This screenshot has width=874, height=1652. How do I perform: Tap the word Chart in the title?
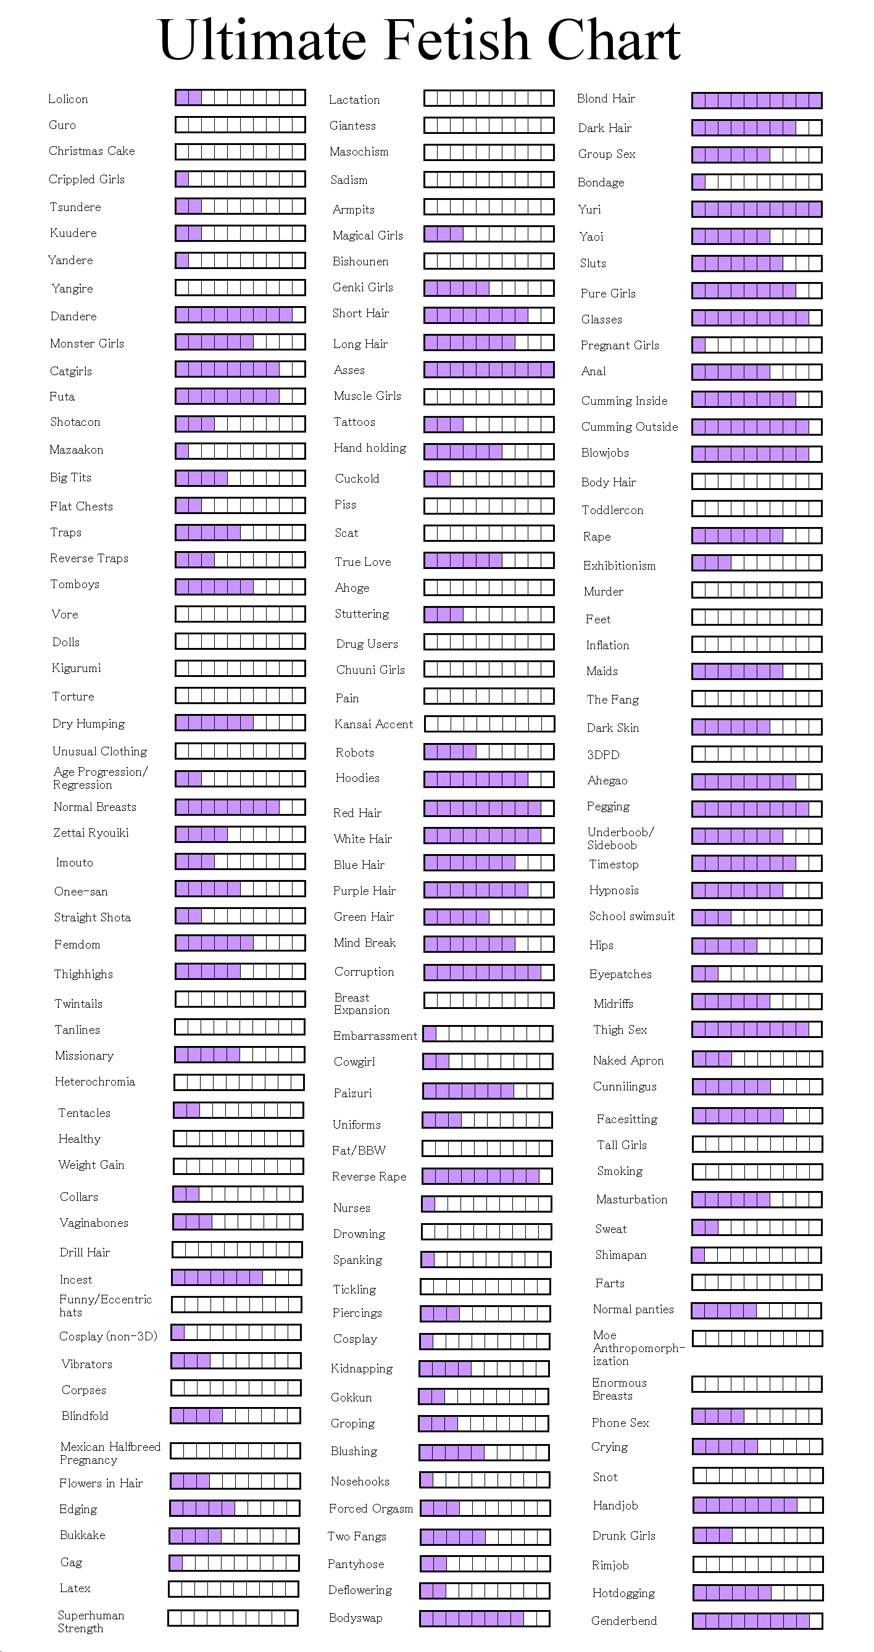coord(614,39)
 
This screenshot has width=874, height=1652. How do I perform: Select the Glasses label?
coord(601,320)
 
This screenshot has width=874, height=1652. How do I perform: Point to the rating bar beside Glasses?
coord(757,317)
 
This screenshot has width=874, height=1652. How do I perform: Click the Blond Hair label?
coord(606,98)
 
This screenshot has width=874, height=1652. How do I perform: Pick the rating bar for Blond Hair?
coord(757,100)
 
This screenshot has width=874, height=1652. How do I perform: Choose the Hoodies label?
coord(357,778)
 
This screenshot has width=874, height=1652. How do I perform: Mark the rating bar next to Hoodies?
coord(489,779)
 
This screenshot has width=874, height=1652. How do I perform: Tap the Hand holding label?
coord(370,447)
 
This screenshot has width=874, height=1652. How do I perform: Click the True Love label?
coord(363,562)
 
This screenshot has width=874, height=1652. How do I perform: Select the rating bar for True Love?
coord(489,560)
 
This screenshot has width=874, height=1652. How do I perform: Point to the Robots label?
coord(355,752)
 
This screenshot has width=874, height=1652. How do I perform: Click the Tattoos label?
coord(354,422)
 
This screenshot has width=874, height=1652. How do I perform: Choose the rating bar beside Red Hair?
coord(489,807)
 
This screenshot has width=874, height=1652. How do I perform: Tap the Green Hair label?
coord(364,917)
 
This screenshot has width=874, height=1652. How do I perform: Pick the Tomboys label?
coord(75,584)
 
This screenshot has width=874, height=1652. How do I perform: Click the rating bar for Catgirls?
coord(240,369)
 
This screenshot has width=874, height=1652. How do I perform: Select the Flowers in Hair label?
coord(101,1483)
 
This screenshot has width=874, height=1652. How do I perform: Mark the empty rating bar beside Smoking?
coord(757,1172)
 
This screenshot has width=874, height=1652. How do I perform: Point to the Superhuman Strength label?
coord(91,1621)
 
